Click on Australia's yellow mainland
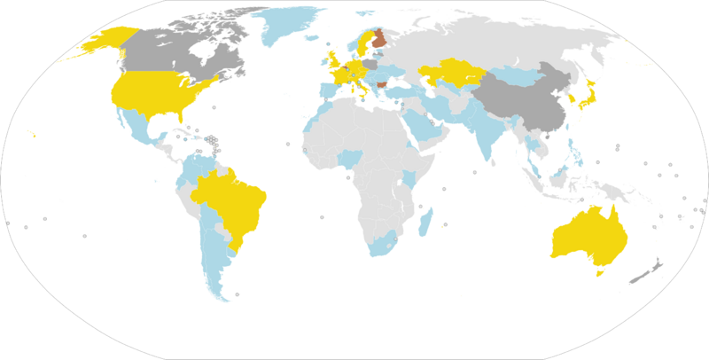coord(589,235)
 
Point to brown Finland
coord(379,40)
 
